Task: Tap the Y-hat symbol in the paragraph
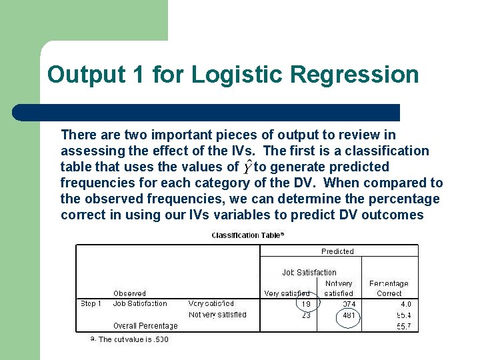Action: click(248, 166)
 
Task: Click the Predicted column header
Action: click(337, 251)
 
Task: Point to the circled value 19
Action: click(306, 304)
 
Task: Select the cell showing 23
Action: click(306, 315)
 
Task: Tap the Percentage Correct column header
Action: click(389, 288)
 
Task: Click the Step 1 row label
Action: click(91, 304)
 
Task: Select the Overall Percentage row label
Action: click(145, 326)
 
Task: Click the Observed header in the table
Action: click(129, 293)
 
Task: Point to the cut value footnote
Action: click(133, 339)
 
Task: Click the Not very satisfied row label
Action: click(217, 315)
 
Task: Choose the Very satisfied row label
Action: click(211, 304)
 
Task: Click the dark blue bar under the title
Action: click(207, 112)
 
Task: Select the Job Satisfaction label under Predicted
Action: click(309, 272)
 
